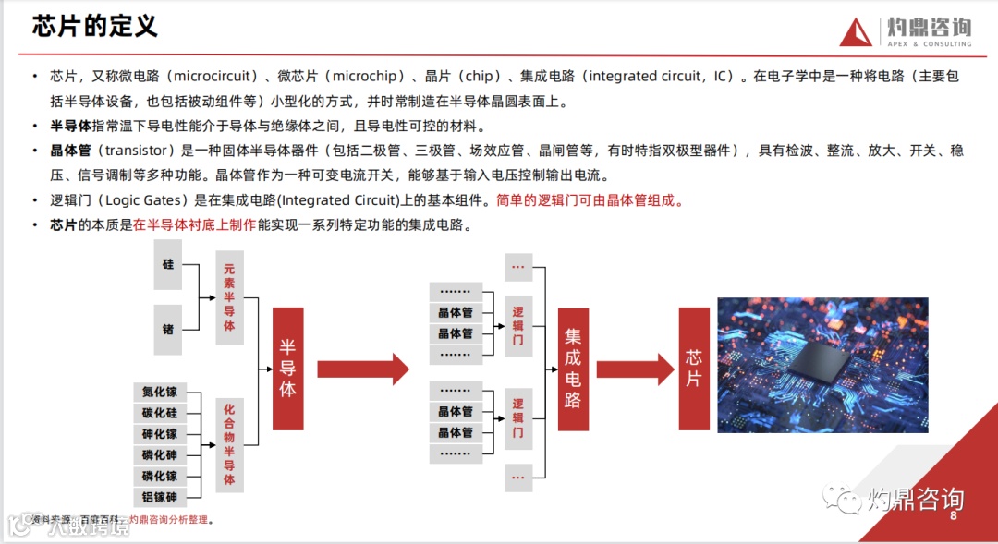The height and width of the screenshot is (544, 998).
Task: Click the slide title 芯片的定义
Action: click(95, 26)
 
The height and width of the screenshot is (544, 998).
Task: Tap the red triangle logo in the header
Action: click(856, 32)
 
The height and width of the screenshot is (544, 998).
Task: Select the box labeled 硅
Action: click(168, 264)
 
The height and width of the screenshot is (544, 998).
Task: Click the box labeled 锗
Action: click(168, 328)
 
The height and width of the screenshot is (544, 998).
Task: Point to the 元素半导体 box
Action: click(230, 298)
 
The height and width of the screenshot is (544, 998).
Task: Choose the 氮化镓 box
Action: click(160, 392)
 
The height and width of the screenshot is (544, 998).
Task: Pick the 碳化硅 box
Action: click(160, 413)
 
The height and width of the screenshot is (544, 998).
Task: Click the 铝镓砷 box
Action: click(160, 498)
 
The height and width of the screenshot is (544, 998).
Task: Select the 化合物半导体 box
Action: click(230, 444)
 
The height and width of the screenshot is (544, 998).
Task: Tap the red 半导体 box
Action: click(288, 369)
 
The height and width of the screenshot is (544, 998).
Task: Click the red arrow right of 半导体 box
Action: click(363, 369)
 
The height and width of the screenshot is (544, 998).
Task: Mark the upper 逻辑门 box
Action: click(517, 326)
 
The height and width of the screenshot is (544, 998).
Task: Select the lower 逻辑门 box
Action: click(517, 417)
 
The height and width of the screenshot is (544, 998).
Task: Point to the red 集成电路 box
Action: click(573, 369)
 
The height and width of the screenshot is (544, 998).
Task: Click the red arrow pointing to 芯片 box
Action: click(636, 369)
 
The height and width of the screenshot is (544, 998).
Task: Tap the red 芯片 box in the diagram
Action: click(694, 369)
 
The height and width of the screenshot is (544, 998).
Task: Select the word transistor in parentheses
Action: click(137, 151)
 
